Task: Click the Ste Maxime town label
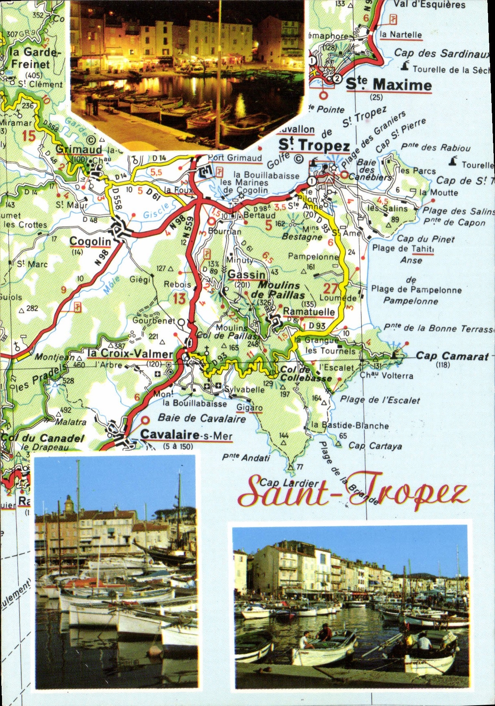389,85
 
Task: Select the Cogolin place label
90,242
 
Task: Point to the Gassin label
246,275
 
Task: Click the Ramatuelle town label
309,312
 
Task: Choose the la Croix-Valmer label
130,354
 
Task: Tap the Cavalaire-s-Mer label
186,435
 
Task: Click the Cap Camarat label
452,356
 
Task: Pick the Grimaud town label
79,149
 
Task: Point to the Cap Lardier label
289,483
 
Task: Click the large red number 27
331,288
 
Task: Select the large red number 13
179,299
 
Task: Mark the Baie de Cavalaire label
202,418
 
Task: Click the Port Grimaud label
235,158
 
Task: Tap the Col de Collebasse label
306,373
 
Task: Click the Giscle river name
156,211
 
